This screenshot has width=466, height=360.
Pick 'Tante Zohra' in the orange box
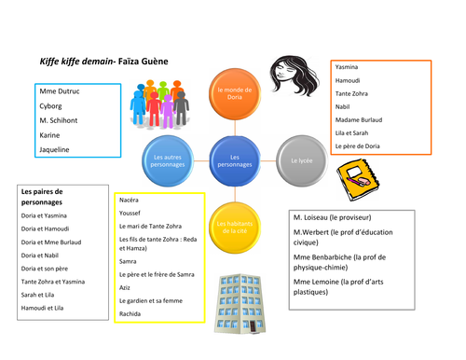[354, 94]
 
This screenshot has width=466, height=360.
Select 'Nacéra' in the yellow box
[130, 201]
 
